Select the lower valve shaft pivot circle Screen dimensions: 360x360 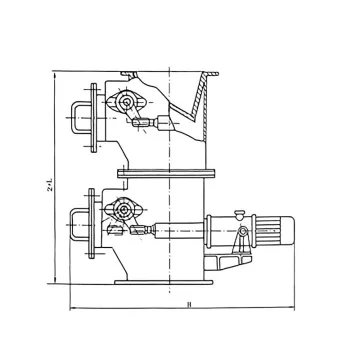click(124, 211)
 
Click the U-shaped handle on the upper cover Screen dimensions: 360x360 click(78, 116)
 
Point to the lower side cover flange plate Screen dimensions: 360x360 click(93, 224)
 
